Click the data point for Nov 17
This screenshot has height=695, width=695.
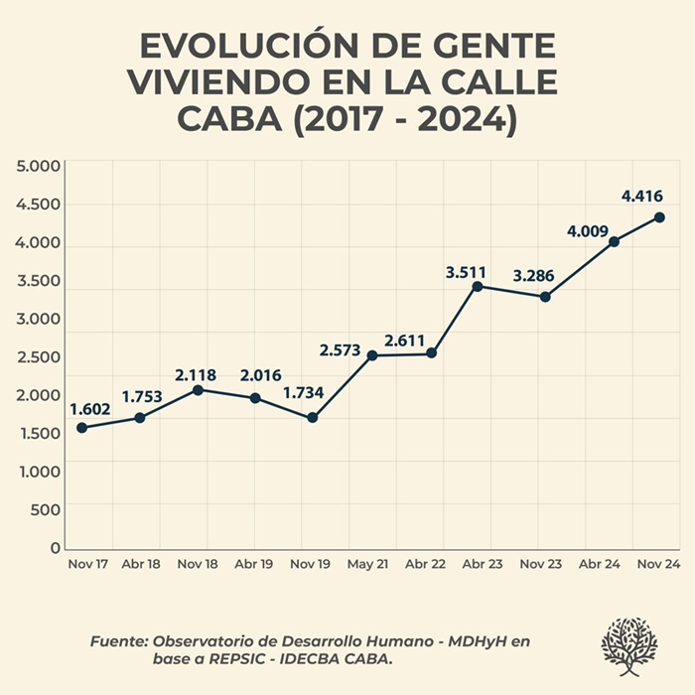81,428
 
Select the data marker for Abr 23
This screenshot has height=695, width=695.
478,287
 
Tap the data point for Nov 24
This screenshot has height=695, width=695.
659,217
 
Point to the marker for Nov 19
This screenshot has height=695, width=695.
312,418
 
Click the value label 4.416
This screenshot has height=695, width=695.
641,197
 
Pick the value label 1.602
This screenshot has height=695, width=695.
89,408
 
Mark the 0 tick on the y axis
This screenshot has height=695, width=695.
56,548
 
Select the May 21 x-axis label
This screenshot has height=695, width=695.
369,564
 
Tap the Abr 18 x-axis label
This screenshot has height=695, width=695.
141,564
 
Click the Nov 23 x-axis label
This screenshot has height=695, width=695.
541,564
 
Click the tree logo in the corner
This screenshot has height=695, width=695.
629,646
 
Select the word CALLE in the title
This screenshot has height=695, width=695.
490,83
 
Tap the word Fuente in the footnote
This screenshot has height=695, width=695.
119,641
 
